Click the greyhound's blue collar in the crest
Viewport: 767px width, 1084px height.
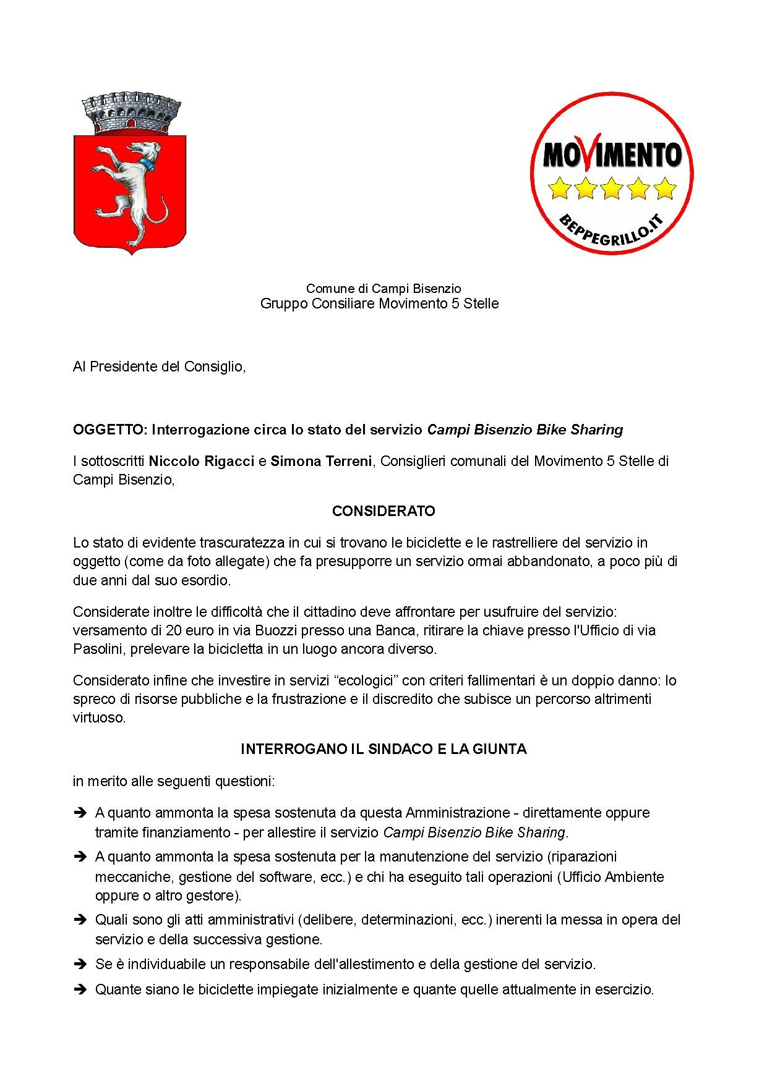click(x=146, y=164)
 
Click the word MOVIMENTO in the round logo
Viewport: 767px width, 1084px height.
click(x=612, y=155)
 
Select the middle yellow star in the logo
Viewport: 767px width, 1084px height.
click(x=612, y=188)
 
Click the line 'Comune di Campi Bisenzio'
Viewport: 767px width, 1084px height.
click(x=383, y=288)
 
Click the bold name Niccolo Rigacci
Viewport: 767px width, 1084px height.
click(x=202, y=461)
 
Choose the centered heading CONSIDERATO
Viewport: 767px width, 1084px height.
click(x=383, y=511)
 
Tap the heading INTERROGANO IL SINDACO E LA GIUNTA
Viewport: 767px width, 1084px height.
click(x=383, y=749)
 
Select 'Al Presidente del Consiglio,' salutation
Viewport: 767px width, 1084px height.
click(x=160, y=366)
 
